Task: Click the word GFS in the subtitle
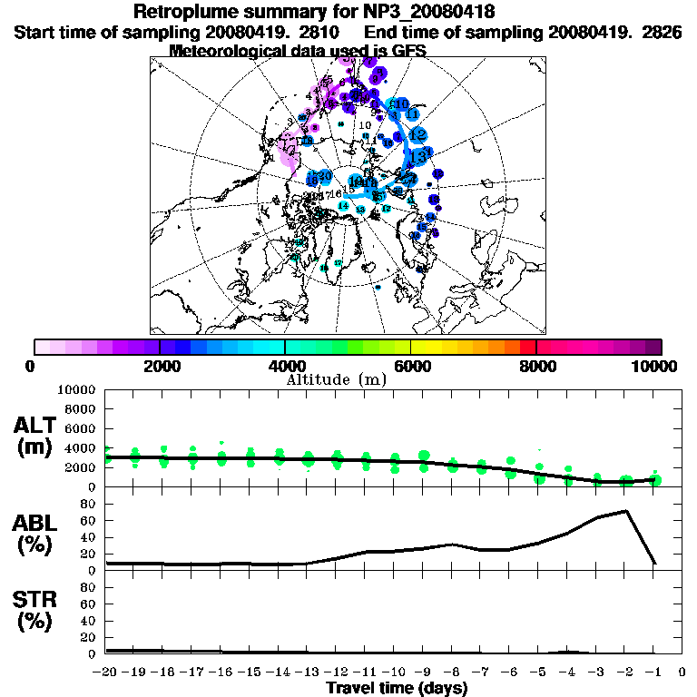408,51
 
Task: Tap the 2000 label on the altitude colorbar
159,366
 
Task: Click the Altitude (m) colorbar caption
337,379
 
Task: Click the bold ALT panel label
35,426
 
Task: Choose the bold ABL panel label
35,522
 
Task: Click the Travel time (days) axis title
397,689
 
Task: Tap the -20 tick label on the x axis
107,672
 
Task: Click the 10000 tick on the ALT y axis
75,390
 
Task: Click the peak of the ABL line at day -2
625,511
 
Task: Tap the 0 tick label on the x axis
682,672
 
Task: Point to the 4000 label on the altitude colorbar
285,366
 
